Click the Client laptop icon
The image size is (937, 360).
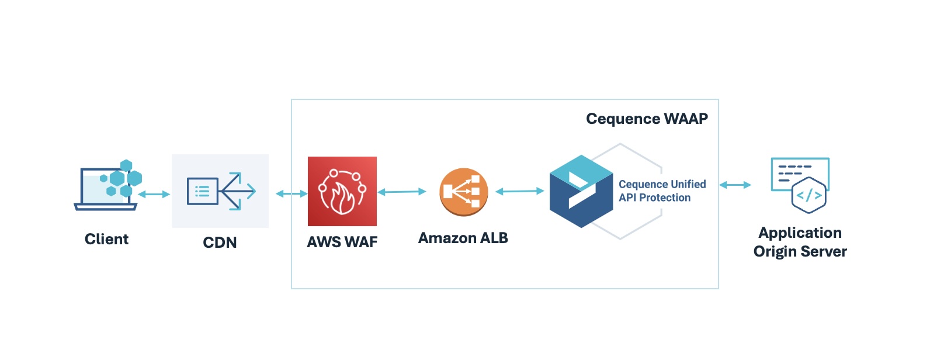(106, 187)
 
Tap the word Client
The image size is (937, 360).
(106, 239)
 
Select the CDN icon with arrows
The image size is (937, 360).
(220, 191)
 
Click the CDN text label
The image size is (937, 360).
(220, 243)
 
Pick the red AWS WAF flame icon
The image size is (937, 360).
(342, 191)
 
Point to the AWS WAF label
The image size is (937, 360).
(342, 242)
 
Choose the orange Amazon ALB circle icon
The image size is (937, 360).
(463, 192)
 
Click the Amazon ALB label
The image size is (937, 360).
(463, 238)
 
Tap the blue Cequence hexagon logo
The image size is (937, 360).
(581, 191)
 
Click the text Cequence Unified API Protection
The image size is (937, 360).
(662, 191)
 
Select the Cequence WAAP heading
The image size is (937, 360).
(647, 119)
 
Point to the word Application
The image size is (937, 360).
(800, 233)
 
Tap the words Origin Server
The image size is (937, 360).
(800, 252)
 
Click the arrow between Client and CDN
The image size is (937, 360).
(154, 194)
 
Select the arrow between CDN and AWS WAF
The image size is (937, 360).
(291, 193)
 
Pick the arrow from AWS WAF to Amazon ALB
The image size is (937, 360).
(402, 192)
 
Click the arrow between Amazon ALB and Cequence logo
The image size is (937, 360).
(519, 191)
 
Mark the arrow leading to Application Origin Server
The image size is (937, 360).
(735, 185)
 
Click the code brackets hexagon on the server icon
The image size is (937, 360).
(809, 196)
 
